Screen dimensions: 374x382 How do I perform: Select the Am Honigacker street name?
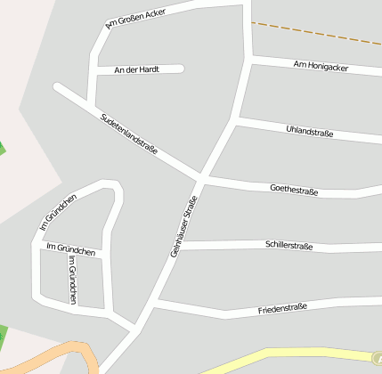pyautogui.click(x=321, y=67)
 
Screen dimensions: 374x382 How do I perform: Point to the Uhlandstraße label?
pyautogui.click(x=309, y=133)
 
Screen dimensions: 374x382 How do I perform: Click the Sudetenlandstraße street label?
pyautogui.click(x=129, y=134)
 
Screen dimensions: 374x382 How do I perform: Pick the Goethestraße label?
pyautogui.click(x=294, y=189)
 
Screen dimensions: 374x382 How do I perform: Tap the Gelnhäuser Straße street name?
pyautogui.click(x=183, y=227)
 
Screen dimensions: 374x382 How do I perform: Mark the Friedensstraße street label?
pyautogui.click(x=282, y=308)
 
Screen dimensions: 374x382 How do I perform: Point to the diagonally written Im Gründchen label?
pyautogui.click(x=59, y=214)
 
